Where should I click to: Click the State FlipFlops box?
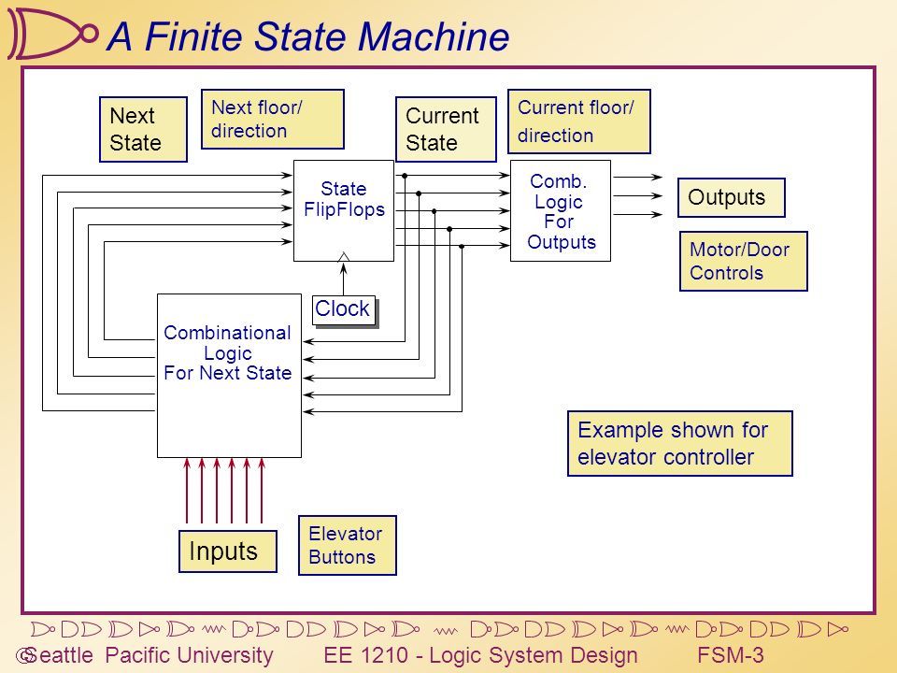coord(344,210)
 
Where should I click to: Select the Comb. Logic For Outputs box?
coord(561,210)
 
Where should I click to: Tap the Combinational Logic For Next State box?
coord(230,376)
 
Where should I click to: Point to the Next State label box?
coord(143,129)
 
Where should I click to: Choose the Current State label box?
coord(447,129)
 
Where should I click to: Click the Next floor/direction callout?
coord(273,119)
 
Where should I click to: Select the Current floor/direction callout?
coord(579,122)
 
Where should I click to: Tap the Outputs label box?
coord(731,197)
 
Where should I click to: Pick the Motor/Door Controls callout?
coord(743,261)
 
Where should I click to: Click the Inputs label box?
coord(228,551)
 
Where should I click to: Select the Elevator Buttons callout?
coord(348,545)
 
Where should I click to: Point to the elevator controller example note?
coord(679,443)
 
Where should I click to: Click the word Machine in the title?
coord(434,36)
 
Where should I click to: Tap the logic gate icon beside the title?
coord(52,34)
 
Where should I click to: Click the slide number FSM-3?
coord(731,654)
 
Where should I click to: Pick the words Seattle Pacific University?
coord(149,655)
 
